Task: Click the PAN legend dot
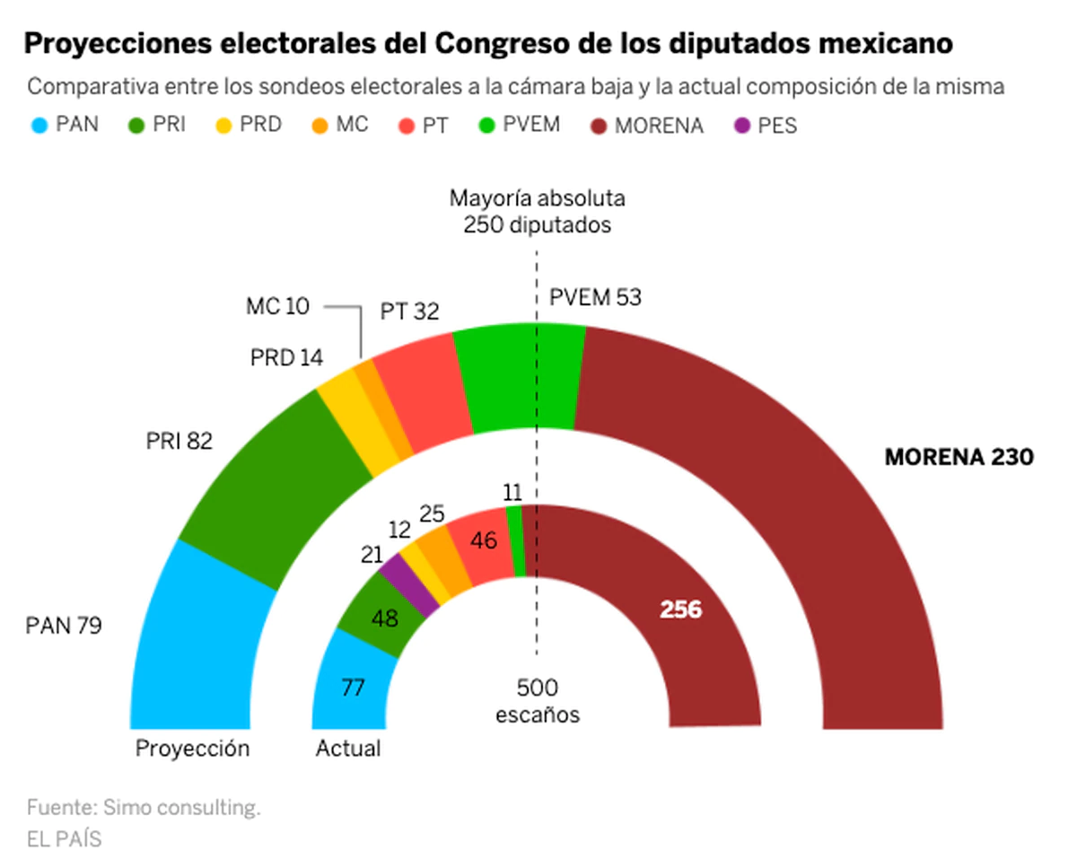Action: click(x=38, y=125)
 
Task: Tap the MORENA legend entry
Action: click(x=647, y=126)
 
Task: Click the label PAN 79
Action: click(x=64, y=625)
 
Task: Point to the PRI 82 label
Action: click(x=179, y=442)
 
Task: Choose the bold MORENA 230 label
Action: click(x=959, y=457)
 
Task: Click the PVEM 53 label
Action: click(x=595, y=297)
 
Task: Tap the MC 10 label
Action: click(x=276, y=306)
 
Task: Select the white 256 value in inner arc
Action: click(x=681, y=610)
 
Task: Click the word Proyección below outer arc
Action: click(x=192, y=748)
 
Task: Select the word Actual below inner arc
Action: click(x=348, y=748)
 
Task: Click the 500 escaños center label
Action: click(x=538, y=701)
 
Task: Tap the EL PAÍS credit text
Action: click(x=64, y=839)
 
